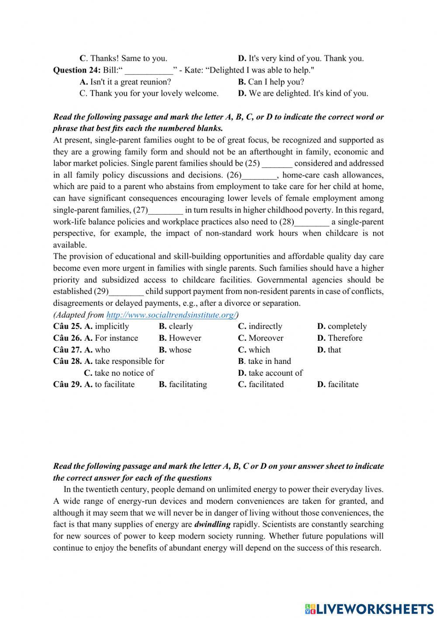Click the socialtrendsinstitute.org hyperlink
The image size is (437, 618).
[171, 315]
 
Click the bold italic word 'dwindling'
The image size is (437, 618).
[212, 524]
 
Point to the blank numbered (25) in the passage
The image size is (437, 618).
[277, 164]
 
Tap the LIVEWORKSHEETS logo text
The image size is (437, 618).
[375, 609]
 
